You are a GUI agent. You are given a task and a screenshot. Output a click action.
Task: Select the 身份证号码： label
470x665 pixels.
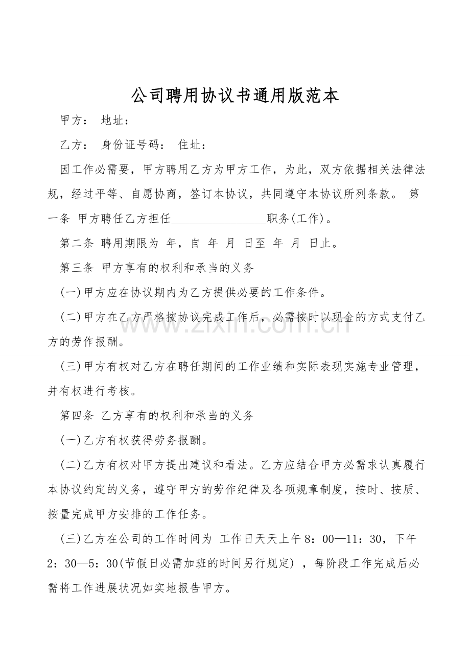click(133, 146)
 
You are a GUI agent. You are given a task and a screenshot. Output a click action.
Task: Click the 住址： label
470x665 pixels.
click(192, 146)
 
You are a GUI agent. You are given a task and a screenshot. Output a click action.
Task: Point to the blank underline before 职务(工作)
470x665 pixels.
click(219, 220)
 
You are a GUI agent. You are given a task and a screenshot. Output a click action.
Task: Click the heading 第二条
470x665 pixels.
click(77, 244)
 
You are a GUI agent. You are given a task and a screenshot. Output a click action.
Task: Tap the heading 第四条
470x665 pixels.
click(77, 415)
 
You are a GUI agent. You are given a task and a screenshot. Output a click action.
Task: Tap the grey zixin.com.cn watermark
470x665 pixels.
click(235, 323)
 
